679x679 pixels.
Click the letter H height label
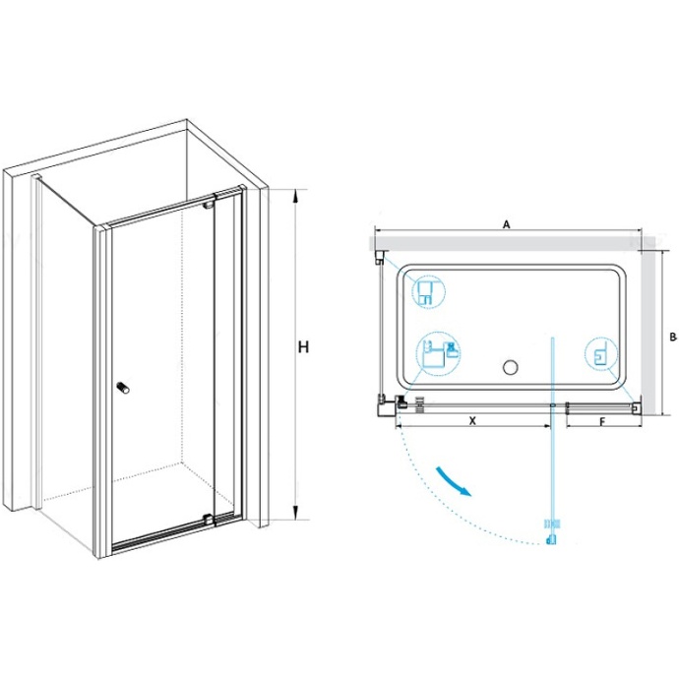click(303, 346)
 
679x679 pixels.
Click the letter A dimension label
click(506, 224)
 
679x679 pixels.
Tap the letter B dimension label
click(672, 336)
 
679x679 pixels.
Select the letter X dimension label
click(472, 420)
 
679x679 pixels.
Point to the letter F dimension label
click(602, 421)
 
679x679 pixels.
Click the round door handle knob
click(123, 388)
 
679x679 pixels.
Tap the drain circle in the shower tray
click(511, 367)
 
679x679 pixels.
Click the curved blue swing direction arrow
click(453, 481)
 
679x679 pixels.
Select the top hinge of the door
click(210, 203)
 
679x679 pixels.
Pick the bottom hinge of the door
click(210, 520)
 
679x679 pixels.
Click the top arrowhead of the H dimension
click(296, 196)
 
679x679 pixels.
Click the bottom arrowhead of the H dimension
click(296, 513)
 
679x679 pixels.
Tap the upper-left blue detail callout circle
click(428, 292)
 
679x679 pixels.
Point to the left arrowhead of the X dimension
click(401, 426)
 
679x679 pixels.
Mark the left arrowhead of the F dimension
click(571, 426)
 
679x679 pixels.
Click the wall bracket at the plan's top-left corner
click(379, 257)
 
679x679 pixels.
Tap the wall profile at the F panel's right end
click(637, 407)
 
